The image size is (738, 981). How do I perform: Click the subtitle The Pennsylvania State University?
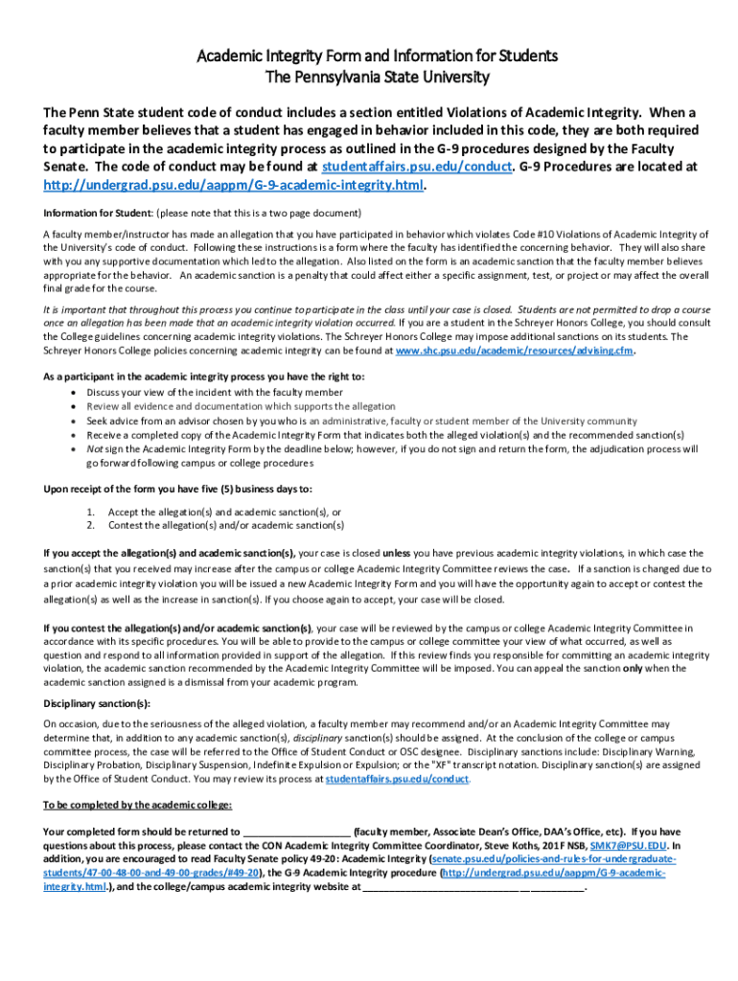point(369,77)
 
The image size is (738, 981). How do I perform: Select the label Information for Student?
point(96,212)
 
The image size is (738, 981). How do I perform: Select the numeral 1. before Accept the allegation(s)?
point(90,512)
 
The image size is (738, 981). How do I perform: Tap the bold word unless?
point(396,553)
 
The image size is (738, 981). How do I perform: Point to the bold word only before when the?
point(632,669)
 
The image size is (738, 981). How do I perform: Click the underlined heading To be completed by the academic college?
point(132,805)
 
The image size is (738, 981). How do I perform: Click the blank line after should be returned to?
point(297,832)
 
